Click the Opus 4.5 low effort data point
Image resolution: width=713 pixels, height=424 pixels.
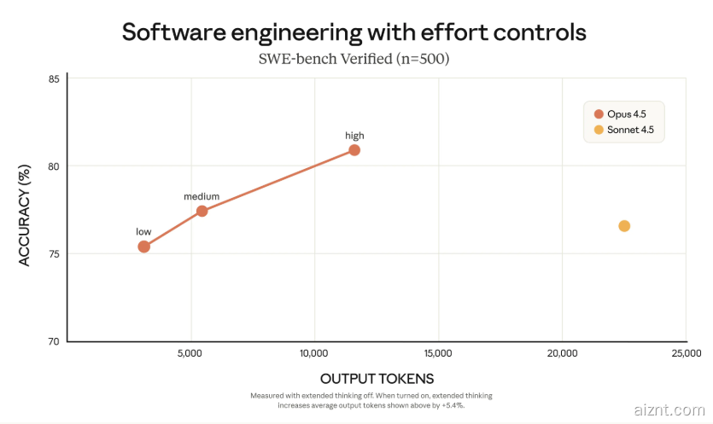(143, 247)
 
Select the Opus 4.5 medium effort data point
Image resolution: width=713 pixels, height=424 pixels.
(202, 211)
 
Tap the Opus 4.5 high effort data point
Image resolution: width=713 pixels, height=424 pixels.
(354, 150)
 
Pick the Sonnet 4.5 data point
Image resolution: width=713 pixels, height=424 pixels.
(624, 226)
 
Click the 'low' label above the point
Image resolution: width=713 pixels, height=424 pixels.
(143, 231)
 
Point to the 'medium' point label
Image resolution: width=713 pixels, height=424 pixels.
(202, 196)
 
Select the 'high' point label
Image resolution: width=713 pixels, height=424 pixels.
(354, 136)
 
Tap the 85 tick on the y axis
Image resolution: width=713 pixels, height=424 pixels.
(54, 78)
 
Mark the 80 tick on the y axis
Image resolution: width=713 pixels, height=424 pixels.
(54, 166)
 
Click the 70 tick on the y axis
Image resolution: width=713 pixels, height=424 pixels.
(54, 340)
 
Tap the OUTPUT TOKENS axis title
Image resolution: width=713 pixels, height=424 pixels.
(377, 378)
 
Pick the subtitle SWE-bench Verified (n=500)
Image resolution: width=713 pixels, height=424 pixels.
(354, 60)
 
